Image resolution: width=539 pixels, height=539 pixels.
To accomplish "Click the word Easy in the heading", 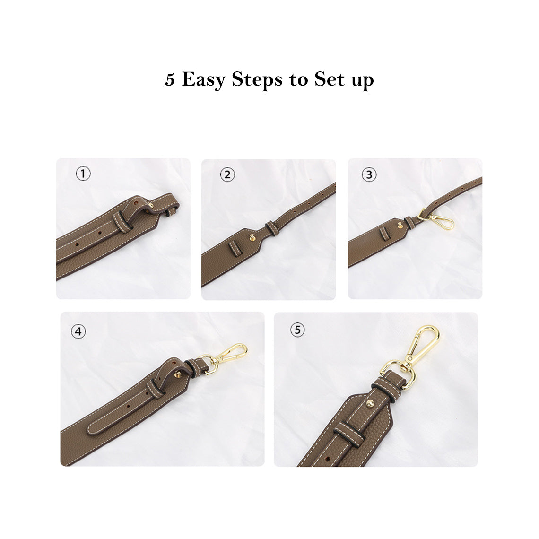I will tap(203, 79).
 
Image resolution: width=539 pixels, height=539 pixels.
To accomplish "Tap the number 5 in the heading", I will tap(170, 79).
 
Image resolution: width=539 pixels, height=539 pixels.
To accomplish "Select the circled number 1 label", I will tap(83, 174).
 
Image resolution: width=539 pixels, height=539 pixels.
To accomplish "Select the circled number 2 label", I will tap(227, 174).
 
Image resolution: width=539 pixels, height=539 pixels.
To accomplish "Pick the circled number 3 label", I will tap(369, 174).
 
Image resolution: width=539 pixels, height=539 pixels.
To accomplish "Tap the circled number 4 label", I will tap(78, 331).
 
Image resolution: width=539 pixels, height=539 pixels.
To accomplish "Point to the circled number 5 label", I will tap(297, 330).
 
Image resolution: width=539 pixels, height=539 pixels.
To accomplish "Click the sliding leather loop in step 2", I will tap(271, 227).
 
